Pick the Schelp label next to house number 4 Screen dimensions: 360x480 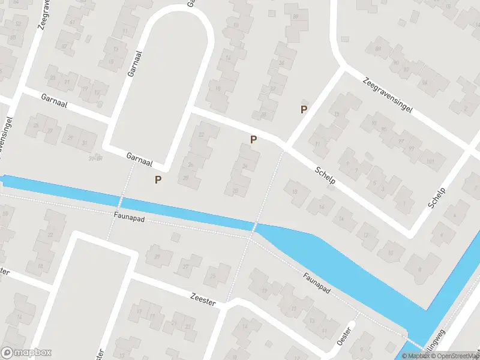click(437, 198)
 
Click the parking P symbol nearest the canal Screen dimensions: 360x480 click(158, 179)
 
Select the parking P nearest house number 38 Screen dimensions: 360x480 click(304, 109)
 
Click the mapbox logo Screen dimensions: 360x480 click(26, 353)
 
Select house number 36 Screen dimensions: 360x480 click(281, 63)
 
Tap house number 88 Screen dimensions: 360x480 click(378, 48)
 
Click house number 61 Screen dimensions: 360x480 click(73, 22)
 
